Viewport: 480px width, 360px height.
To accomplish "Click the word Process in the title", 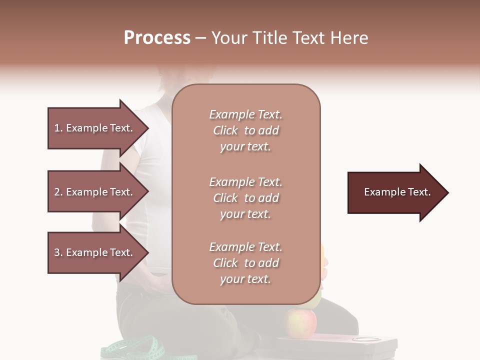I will pos(157,38).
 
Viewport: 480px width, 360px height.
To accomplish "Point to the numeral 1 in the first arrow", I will pos(57,128).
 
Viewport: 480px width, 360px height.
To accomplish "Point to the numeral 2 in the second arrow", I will pos(57,192).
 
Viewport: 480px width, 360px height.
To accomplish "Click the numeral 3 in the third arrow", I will pos(57,252).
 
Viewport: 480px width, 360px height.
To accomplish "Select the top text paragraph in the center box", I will pos(245,130).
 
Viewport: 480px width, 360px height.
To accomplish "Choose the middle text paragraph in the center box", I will pos(245,198).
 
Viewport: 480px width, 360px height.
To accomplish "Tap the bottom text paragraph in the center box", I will pos(245,263).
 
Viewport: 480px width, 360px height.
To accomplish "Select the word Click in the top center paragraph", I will pos(225,131).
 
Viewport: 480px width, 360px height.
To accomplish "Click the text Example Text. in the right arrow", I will pos(397,192).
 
